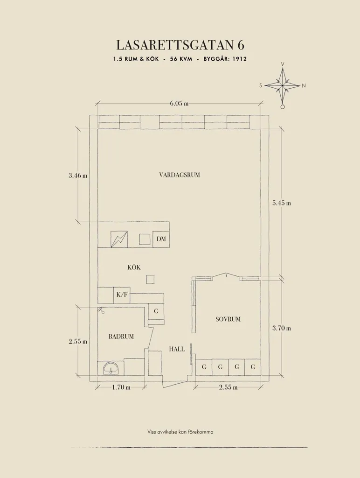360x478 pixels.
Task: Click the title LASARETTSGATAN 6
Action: tap(180, 45)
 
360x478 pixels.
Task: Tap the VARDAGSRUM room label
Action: tap(180, 175)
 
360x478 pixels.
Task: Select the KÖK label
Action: tap(134, 267)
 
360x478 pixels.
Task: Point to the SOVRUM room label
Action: tap(228, 319)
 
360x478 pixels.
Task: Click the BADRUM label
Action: tap(121, 337)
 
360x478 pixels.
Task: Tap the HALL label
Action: tap(177, 349)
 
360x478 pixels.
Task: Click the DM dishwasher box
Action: tap(161, 239)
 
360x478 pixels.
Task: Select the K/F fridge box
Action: tap(122, 295)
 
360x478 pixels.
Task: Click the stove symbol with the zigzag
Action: tap(119, 239)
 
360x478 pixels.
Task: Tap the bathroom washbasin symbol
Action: tap(111, 368)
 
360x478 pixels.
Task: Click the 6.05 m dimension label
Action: tap(179, 103)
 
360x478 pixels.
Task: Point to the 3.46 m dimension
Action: tap(78, 176)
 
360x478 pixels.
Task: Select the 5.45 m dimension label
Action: tap(282, 203)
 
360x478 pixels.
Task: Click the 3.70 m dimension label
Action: tap(282, 328)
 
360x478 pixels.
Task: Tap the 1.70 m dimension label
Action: tap(121, 387)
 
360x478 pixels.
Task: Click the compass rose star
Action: tap(283, 86)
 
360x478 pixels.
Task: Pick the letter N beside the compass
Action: tap(304, 86)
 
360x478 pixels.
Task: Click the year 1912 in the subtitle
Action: tap(239, 59)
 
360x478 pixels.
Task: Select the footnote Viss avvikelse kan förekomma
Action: tap(180, 432)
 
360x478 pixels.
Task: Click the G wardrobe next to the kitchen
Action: tap(156, 311)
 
